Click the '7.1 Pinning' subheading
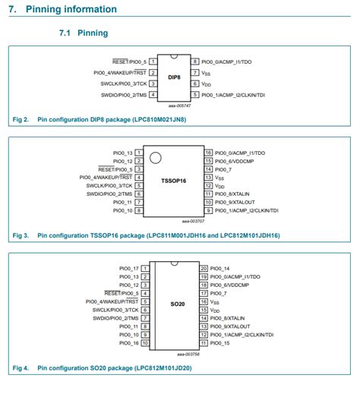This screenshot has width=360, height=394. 83,33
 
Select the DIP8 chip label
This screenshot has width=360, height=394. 174,77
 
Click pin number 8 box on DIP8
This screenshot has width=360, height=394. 195,61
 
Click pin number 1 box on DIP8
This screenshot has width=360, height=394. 153,61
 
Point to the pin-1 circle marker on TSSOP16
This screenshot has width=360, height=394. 156,158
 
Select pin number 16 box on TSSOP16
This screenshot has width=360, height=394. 208,153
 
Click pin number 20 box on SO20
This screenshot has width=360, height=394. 204,269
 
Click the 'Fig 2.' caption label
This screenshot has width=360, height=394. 21,119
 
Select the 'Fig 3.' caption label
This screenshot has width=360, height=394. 21,236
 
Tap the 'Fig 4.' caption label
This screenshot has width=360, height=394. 21,370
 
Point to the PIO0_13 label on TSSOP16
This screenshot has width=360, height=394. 121,153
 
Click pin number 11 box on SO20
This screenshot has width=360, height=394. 204,343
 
